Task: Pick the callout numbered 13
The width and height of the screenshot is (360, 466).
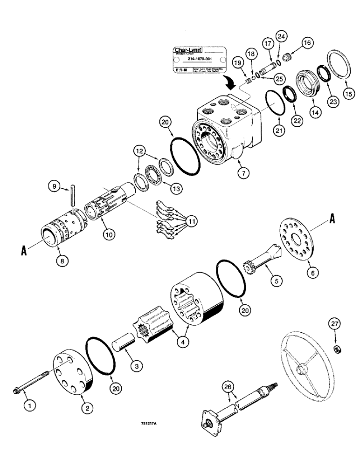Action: pyautogui.click(x=176, y=188)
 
